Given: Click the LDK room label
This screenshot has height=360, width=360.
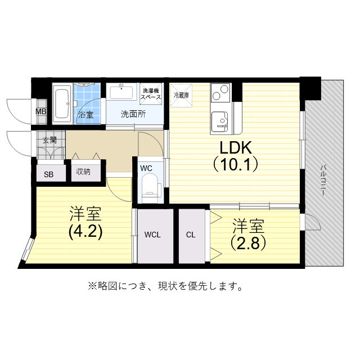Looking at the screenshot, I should click(235, 147).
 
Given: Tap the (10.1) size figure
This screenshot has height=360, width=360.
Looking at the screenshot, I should click(235, 165).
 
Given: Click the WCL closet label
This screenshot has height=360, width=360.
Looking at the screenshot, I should click(152, 235).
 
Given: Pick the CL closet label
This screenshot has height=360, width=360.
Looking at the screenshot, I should click(191, 235).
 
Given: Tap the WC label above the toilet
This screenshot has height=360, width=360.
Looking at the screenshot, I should click(146, 168).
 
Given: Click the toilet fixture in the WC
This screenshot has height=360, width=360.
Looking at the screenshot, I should click(149, 186).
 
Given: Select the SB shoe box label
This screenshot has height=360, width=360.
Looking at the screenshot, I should click(49, 174).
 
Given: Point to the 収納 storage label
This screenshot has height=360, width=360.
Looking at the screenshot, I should click(83, 172).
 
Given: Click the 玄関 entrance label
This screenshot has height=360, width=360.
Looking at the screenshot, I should click(49, 140).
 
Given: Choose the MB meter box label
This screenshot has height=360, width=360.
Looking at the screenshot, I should click(41, 111).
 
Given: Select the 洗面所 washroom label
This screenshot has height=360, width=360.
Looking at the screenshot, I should click(133, 114).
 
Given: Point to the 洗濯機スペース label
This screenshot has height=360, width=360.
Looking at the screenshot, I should click(151, 94).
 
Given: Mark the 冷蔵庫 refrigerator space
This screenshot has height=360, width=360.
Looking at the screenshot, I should click(181, 94).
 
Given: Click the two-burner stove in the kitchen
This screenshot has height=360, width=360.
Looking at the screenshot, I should click(220, 91).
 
